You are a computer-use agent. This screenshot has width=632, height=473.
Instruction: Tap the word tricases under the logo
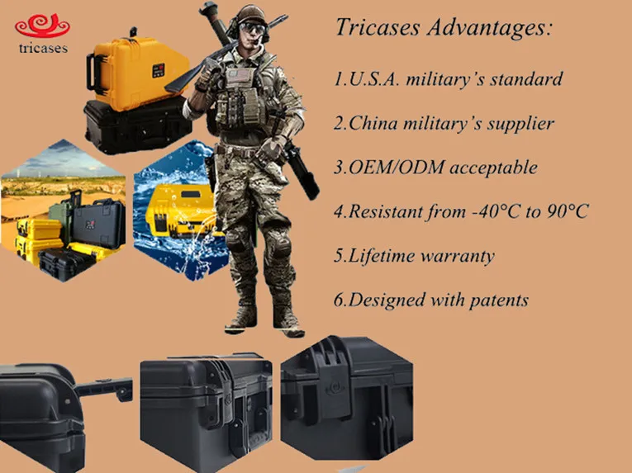click(42, 49)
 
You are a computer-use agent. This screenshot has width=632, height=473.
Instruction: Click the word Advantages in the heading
click(494, 27)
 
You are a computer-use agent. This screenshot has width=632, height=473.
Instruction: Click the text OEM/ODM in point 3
click(389, 168)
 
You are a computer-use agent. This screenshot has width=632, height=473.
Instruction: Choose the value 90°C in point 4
click(567, 211)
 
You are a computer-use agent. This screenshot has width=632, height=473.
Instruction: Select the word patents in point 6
click(493, 299)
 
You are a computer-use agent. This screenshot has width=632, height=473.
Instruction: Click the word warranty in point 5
click(457, 255)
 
